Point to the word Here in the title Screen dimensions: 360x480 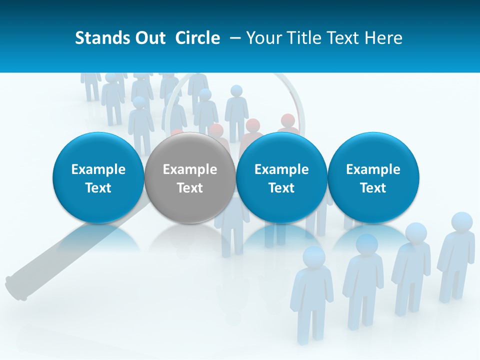click(385, 38)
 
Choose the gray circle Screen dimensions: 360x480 click(189, 177)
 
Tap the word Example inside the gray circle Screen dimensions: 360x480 click(190, 169)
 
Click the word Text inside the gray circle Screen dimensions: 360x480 click(190, 188)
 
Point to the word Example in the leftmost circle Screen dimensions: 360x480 click(98, 169)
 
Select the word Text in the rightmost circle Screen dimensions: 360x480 click(373, 188)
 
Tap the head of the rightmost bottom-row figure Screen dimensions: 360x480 click(461, 222)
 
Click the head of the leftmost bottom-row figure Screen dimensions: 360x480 click(314, 256)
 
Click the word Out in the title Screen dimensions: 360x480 click(148, 38)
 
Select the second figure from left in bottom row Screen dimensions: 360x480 click(363, 280)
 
